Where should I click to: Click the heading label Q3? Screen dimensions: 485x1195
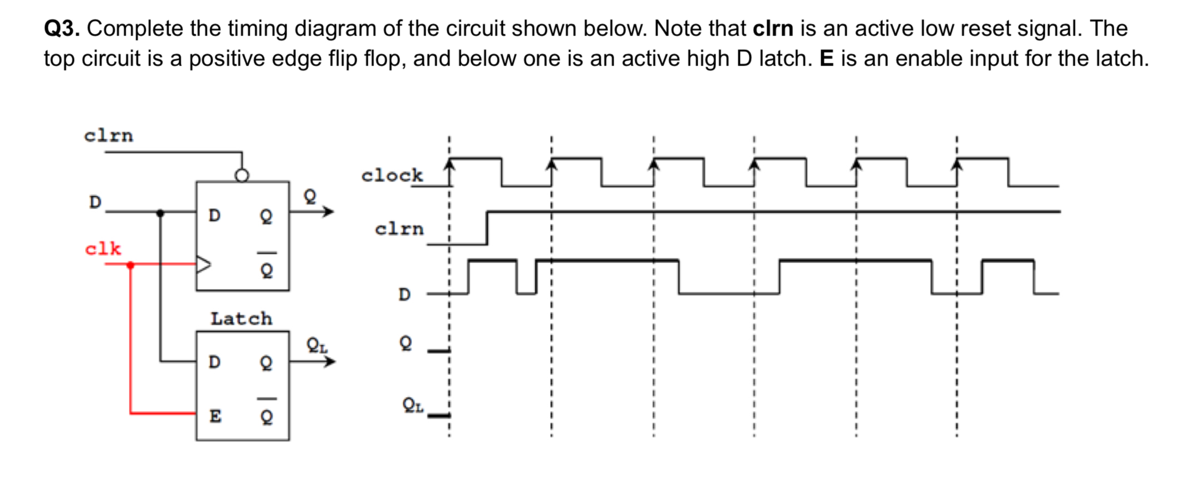62,29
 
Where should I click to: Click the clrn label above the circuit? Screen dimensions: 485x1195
108,136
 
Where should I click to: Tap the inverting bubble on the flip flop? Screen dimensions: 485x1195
241,175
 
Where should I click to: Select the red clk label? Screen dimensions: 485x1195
103,249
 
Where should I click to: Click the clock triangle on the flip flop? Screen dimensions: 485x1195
204,264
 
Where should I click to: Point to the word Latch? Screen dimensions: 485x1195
241,319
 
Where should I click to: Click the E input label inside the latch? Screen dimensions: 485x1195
215,416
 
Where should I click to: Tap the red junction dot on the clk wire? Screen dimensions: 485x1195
130,265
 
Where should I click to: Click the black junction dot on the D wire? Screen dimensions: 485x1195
160,212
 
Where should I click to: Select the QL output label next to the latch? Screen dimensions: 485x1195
317,345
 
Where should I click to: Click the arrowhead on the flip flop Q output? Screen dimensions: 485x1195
329,211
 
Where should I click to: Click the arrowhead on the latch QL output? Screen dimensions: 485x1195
330,362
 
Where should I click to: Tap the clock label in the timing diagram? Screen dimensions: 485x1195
392,176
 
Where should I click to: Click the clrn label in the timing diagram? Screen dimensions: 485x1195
399,229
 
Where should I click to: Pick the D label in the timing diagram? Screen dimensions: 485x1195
404,294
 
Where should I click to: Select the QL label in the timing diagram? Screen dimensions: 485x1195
413,405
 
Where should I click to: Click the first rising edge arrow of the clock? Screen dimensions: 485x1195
450,165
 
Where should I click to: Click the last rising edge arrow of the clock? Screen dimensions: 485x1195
957,165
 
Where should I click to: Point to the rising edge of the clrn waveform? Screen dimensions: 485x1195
487,227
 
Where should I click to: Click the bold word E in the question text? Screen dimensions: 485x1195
827,59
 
